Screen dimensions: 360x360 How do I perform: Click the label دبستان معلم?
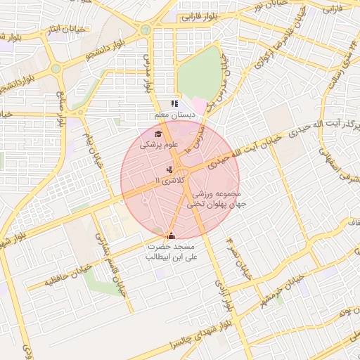coord(175,115)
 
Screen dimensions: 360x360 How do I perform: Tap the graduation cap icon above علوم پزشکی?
coord(158,134)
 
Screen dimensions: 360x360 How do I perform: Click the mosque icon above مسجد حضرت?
coord(172,236)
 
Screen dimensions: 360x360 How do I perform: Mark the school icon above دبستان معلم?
coord(175,104)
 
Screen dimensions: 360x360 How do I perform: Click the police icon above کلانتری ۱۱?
coord(169,170)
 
